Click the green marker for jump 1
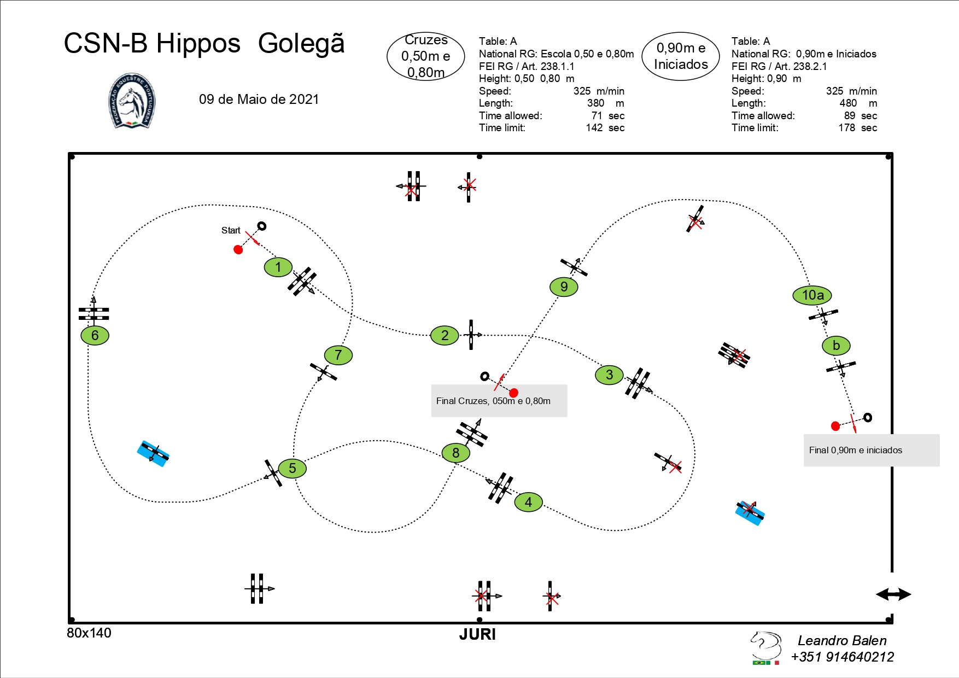pos(278,267)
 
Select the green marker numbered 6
pos(95,335)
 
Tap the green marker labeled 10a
pos(812,295)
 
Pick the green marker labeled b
pos(836,346)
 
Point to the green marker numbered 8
pos(456,453)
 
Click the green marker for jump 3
pos(610,375)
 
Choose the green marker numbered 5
pos(293,468)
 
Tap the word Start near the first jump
pos(231,230)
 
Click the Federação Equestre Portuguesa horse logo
pos(132,101)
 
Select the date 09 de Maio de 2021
pos(259,99)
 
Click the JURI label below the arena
pos(477,634)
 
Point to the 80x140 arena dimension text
pos(89,633)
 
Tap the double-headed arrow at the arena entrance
pos(893,594)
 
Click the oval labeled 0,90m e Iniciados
pos(681,56)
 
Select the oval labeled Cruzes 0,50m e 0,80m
pos(426,56)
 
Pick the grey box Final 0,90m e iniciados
pos(872,451)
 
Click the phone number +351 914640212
pos(843,657)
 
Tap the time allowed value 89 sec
pos(860,115)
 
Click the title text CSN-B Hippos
pos(152,43)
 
